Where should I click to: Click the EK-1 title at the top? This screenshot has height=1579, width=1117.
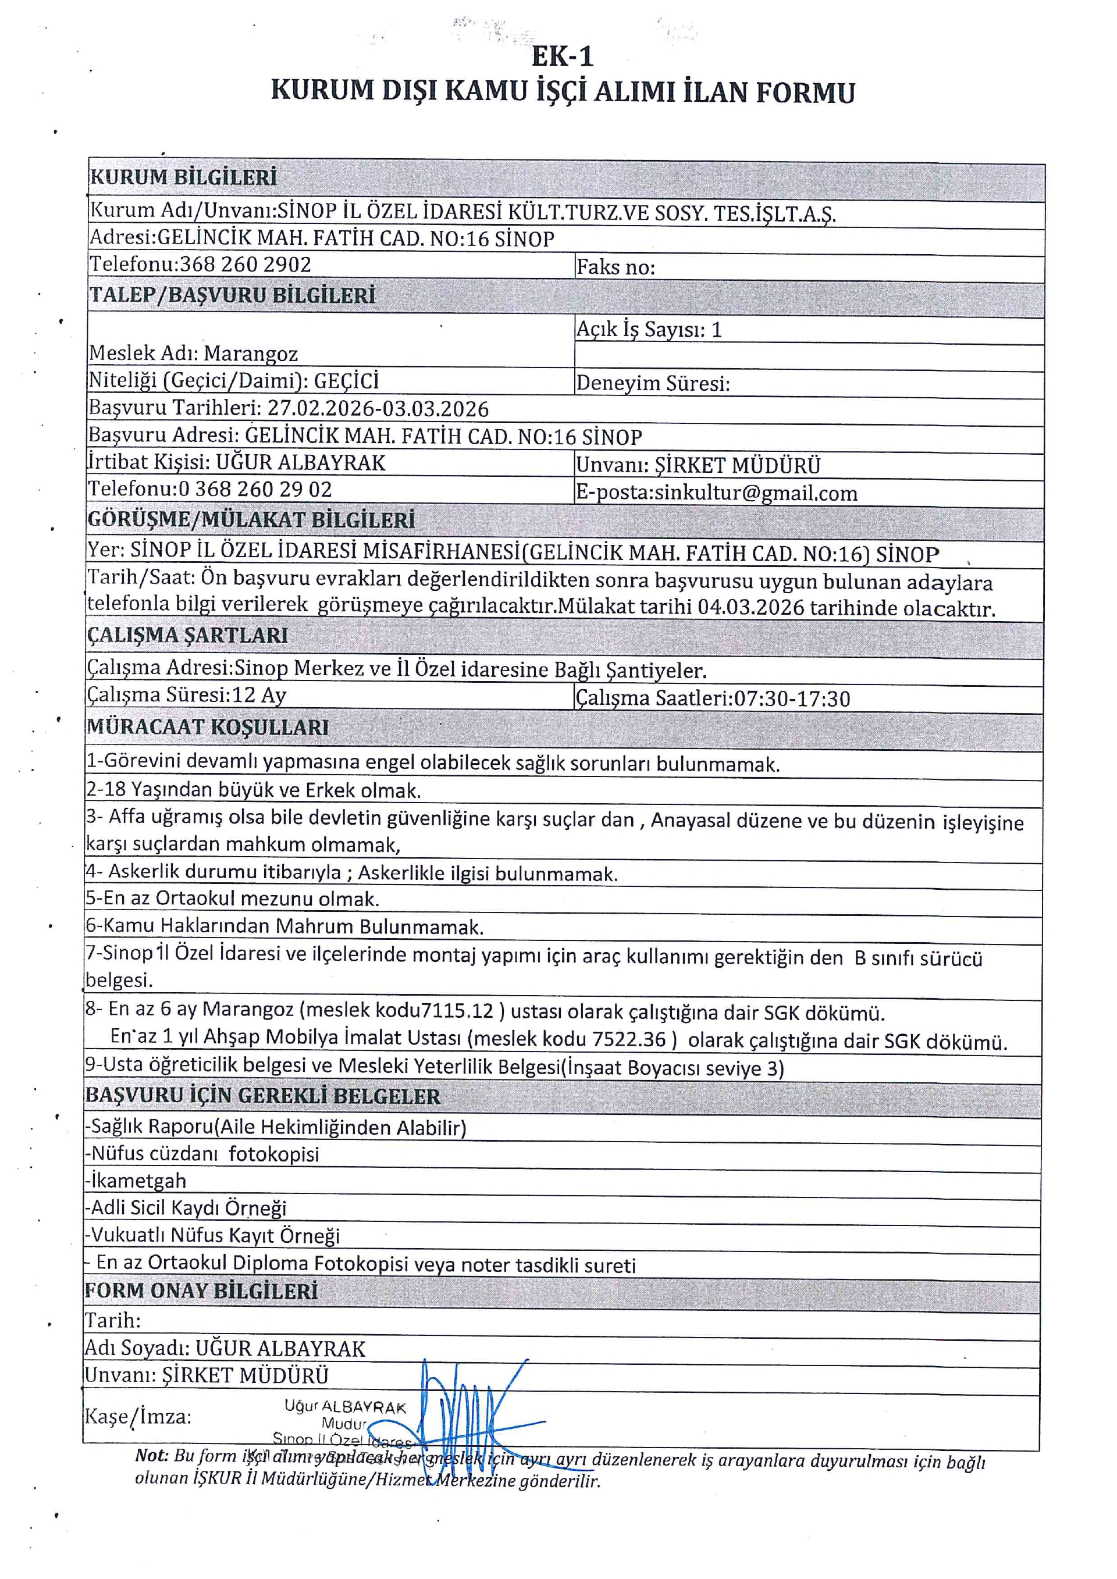(x=562, y=56)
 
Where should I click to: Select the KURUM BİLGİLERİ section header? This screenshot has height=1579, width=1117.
(x=184, y=177)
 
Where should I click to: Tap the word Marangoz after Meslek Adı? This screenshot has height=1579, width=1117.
(x=251, y=354)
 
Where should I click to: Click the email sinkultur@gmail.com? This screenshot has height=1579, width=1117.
(x=756, y=493)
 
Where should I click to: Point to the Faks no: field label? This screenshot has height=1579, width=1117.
(x=616, y=267)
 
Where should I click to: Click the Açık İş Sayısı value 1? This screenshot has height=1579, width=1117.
(x=716, y=329)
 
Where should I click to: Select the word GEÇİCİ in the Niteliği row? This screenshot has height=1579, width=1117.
(x=346, y=381)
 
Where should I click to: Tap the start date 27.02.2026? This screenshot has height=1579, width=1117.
(x=321, y=409)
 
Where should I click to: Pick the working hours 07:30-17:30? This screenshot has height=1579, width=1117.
(x=792, y=698)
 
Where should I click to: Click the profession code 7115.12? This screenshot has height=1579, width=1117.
(x=457, y=1010)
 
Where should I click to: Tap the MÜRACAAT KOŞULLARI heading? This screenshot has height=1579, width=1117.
(x=208, y=727)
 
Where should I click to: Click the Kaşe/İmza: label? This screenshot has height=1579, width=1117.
(x=137, y=1417)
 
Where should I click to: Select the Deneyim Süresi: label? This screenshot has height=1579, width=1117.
(x=653, y=383)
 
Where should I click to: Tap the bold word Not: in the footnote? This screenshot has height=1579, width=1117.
(x=151, y=1455)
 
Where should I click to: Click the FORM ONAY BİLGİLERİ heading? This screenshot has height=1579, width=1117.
(x=201, y=1291)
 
